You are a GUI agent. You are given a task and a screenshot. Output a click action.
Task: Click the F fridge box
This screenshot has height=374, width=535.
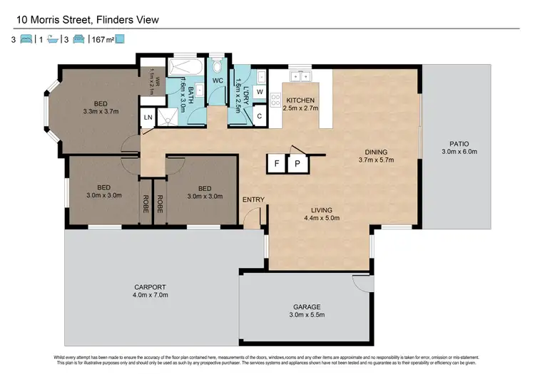click(x=275, y=163)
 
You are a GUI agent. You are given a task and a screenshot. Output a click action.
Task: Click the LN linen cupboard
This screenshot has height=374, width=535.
click(x=148, y=118)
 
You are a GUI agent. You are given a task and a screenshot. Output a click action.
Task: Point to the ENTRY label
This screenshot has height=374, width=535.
click(x=253, y=199)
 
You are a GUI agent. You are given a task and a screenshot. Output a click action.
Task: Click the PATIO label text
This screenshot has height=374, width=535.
click(x=454, y=142)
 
